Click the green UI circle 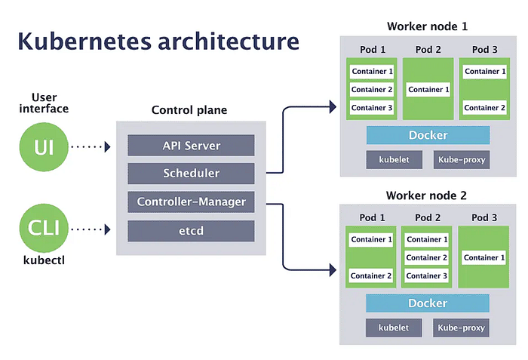pos(44,146)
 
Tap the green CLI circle pos(44,228)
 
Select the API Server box pos(191,145)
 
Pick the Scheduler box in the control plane pos(191,174)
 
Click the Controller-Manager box pos(191,202)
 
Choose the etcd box pos(191,231)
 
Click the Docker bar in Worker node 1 pos(428,135)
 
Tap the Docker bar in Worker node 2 pos(428,303)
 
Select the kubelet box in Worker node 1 pos(394,159)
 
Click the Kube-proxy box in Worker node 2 pos(461,328)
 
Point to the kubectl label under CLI pos(44,260)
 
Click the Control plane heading pos(189,110)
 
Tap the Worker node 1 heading pos(428,26)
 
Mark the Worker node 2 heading pos(426,195)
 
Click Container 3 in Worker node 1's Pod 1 pos(372,107)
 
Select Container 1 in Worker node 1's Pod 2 pos(428,89)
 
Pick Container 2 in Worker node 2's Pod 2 pos(427,257)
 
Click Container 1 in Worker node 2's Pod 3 pos(484,257)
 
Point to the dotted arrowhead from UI pos(108,146)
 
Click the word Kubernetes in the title pos(84,41)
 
